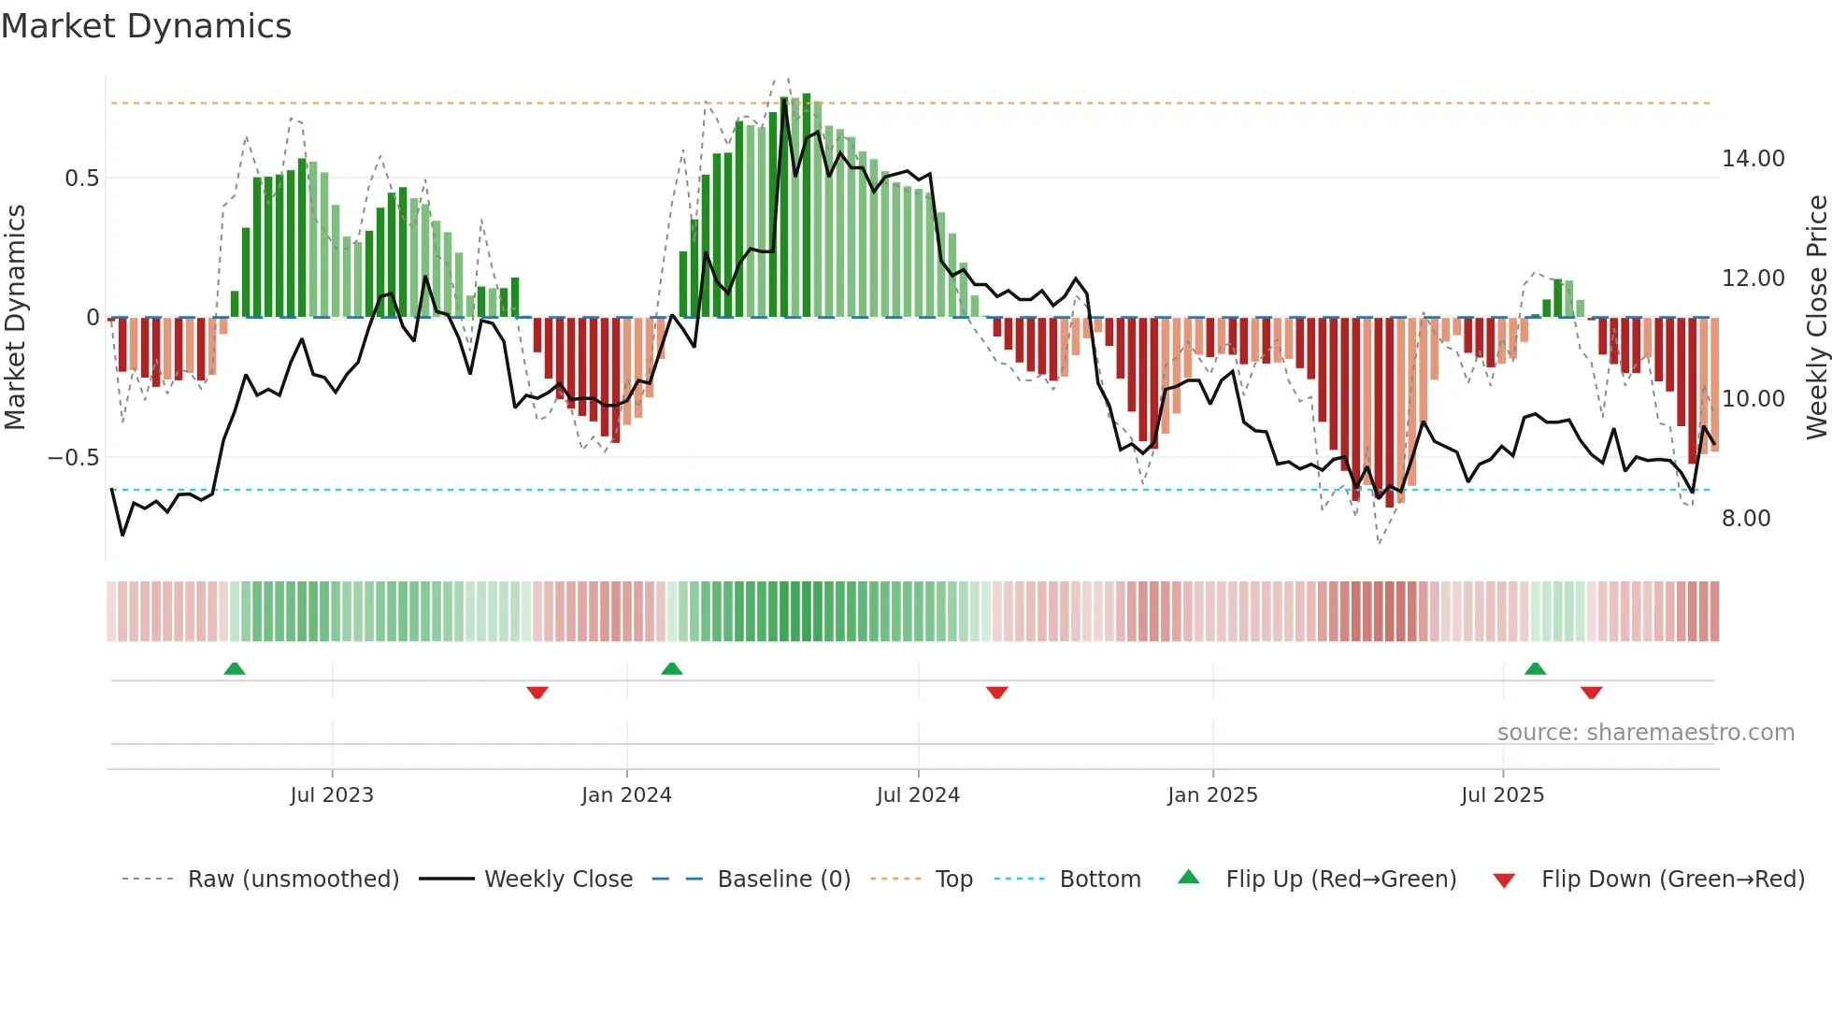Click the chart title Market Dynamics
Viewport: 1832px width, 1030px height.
[x=147, y=26]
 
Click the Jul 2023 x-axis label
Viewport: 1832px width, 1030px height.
[x=332, y=795]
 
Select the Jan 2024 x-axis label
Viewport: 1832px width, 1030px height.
[x=626, y=795]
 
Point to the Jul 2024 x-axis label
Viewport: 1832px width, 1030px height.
[x=918, y=795]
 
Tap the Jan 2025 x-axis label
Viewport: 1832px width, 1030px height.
[x=1212, y=795]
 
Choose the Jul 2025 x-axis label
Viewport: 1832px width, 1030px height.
[x=1502, y=795]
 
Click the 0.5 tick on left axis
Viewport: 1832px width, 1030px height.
[x=81, y=179]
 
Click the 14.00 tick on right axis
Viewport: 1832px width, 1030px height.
[x=1753, y=159]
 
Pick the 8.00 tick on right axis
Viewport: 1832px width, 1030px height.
[x=1745, y=519]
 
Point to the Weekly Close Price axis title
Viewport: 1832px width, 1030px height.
[x=1816, y=318]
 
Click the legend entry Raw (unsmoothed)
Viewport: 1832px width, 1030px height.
[x=293, y=880]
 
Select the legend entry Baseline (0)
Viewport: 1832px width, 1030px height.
[x=783, y=880]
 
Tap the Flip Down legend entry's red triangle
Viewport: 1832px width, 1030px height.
[x=1504, y=880]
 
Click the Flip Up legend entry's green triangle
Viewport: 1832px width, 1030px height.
[x=1188, y=877]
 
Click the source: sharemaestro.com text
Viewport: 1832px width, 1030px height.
[x=1645, y=733]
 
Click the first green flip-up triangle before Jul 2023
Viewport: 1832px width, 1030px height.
[x=235, y=669]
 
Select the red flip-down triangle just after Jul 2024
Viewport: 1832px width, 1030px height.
[x=996, y=693]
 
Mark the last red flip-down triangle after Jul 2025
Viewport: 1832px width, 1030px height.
[x=1591, y=693]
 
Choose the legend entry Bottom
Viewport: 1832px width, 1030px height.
[x=1099, y=880]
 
